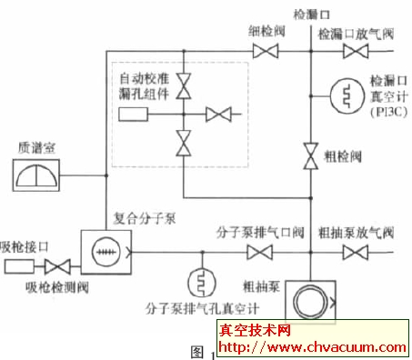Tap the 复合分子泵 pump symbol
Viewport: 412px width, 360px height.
100,253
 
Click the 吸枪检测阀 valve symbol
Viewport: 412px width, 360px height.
62,268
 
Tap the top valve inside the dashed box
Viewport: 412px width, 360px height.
184,85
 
